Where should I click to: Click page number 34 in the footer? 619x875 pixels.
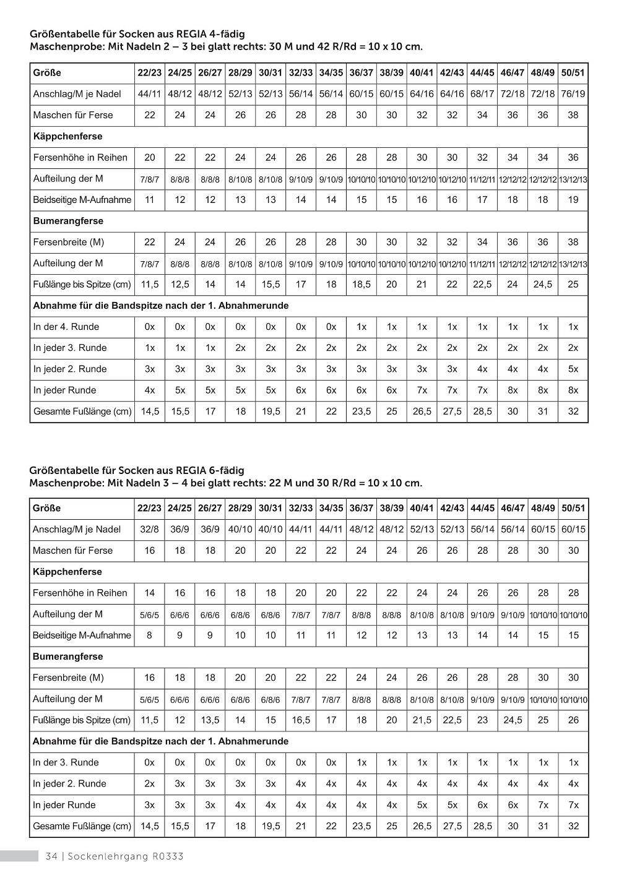(x=51, y=856)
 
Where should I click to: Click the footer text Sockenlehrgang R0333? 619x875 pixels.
(x=126, y=856)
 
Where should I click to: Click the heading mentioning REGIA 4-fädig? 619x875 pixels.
(x=137, y=35)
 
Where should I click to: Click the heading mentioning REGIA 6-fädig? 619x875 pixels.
(x=137, y=470)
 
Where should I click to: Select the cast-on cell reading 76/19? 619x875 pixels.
(x=573, y=94)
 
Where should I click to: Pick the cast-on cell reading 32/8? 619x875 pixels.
(x=150, y=530)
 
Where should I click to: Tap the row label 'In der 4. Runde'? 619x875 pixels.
(x=66, y=327)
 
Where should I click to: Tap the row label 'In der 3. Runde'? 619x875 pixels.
(x=66, y=762)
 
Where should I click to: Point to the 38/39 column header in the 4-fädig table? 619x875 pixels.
(x=392, y=73)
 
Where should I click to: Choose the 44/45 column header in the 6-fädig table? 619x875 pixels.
(x=482, y=509)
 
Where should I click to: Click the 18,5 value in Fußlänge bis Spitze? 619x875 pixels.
(x=361, y=285)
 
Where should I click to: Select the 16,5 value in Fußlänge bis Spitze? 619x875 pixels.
(x=301, y=720)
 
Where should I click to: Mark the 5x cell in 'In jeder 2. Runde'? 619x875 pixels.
(x=573, y=369)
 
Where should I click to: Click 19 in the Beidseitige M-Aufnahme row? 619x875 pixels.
(x=573, y=200)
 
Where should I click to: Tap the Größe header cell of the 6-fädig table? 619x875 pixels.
(x=47, y=509)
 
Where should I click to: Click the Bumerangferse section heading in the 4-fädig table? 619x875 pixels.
(x=68, y=221)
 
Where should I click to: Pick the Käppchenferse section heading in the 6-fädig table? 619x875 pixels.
(x=67, y=572)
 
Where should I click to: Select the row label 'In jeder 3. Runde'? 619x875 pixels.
(x=70, y=348)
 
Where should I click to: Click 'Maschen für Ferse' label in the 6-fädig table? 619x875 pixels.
(x=73, y=551)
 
